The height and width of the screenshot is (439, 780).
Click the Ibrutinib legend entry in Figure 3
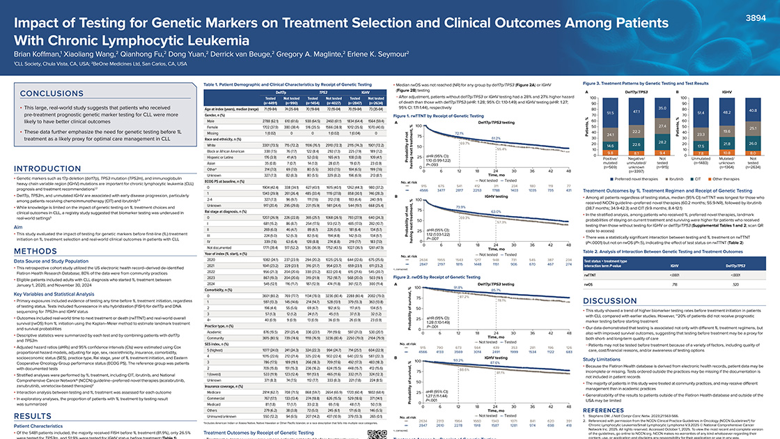pos(658,178)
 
